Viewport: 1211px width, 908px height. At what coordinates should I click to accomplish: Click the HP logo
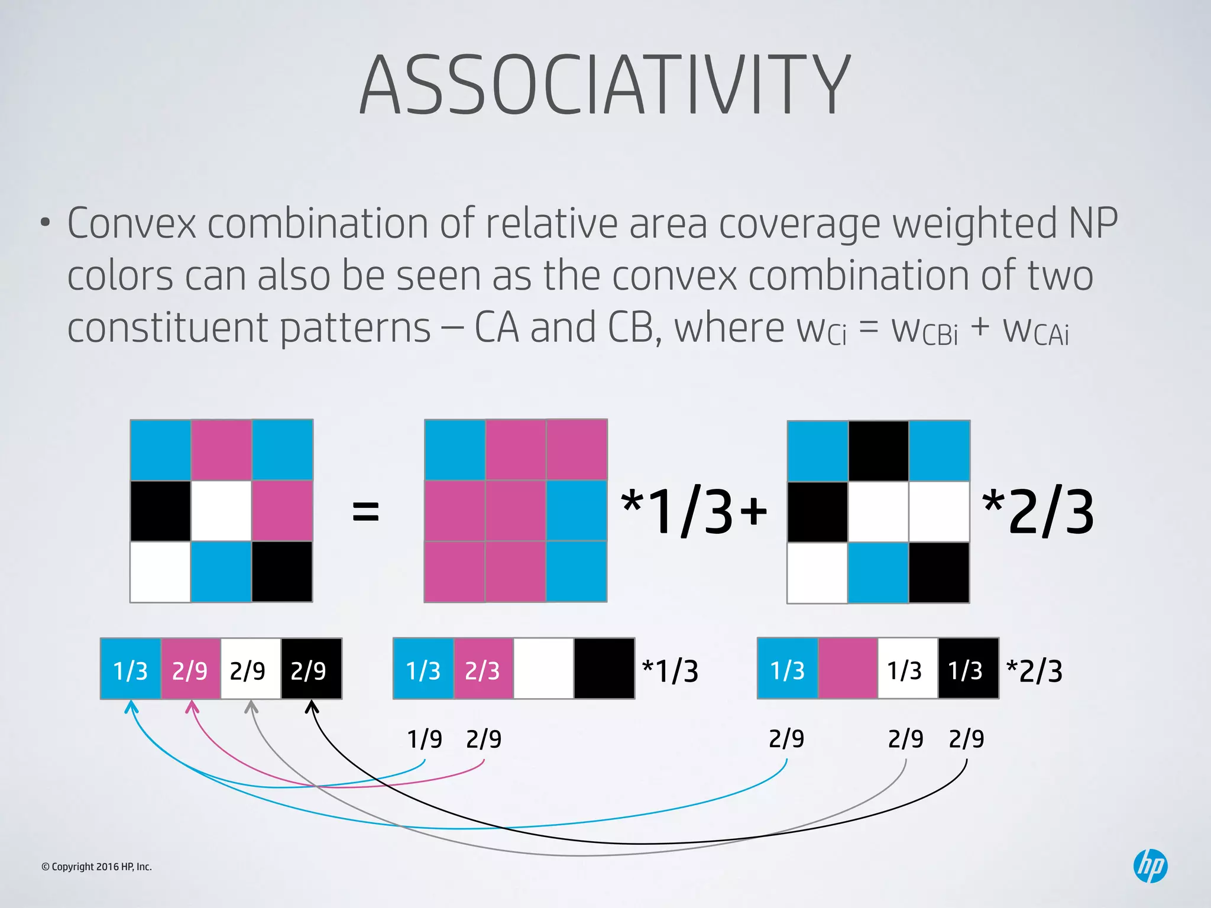[x=1150, y=866]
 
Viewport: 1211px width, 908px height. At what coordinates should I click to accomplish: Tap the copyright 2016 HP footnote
[x=96, y=867]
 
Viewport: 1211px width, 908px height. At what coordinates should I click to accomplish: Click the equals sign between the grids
[x=365, y=511]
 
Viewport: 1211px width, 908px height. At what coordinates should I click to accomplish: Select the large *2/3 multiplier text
[x=1038, y=512]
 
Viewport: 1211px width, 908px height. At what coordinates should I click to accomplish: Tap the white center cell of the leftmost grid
[x=221, y=511]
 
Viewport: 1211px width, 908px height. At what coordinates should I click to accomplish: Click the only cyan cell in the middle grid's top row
[x=455, y=450]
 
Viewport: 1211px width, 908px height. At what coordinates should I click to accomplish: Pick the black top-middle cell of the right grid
[x=878, y=451]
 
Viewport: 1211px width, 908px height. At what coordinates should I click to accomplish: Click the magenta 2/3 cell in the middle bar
[x=483, y=669]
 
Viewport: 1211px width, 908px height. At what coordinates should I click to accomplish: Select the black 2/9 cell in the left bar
[x=311, y=669]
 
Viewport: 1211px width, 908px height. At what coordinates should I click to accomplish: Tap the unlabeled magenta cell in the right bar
[x=847, y=669]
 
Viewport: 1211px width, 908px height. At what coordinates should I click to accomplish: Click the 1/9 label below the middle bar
[x=425, y=739]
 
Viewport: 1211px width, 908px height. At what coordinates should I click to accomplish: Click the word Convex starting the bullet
[x=131, y=223]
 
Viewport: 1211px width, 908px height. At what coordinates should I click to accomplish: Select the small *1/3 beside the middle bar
[x=670, y=671]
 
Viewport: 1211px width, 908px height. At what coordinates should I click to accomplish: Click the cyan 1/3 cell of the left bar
[x=131, y=669]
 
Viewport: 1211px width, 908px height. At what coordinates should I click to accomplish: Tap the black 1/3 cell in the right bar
[x=968, y=669]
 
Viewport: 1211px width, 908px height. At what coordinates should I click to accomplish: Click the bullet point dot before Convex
[x=46, y=224]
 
